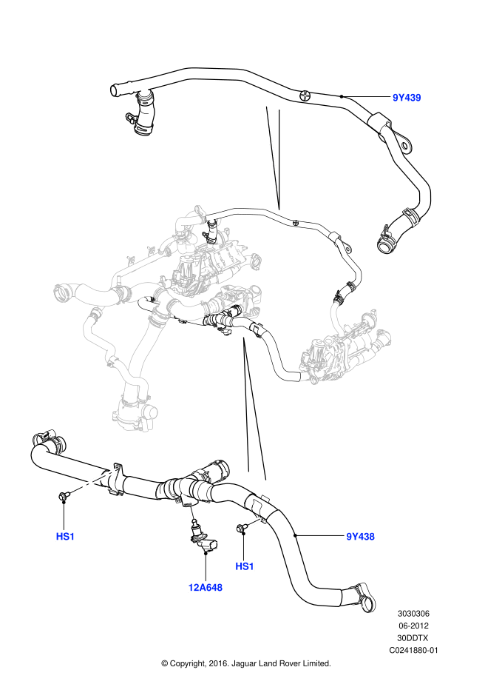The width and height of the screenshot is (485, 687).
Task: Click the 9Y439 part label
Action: pos(406,97)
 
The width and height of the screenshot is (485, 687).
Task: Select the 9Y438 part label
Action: pos(360,537)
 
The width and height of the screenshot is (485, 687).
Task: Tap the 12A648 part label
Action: pos(205,587)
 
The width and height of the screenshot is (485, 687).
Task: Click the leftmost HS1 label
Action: pos(65,537)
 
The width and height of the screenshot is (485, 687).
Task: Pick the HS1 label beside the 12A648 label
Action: pos(245,566)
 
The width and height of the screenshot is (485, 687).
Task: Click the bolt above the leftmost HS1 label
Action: pos(64,496)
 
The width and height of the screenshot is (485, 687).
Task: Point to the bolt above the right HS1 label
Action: pos(242,527)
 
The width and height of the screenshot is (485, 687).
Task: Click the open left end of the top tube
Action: pos(115,90)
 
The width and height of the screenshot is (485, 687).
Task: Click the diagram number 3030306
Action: pos(414,614)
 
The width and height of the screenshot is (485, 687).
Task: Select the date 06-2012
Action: pos(414,626)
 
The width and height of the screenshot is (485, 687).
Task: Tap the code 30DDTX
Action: pos(414,638)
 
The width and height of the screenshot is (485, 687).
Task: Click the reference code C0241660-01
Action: pos(414,650)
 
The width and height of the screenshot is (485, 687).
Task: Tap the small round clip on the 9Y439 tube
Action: pos(305,94)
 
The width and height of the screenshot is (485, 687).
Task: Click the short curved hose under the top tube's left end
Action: pos(143,118)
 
